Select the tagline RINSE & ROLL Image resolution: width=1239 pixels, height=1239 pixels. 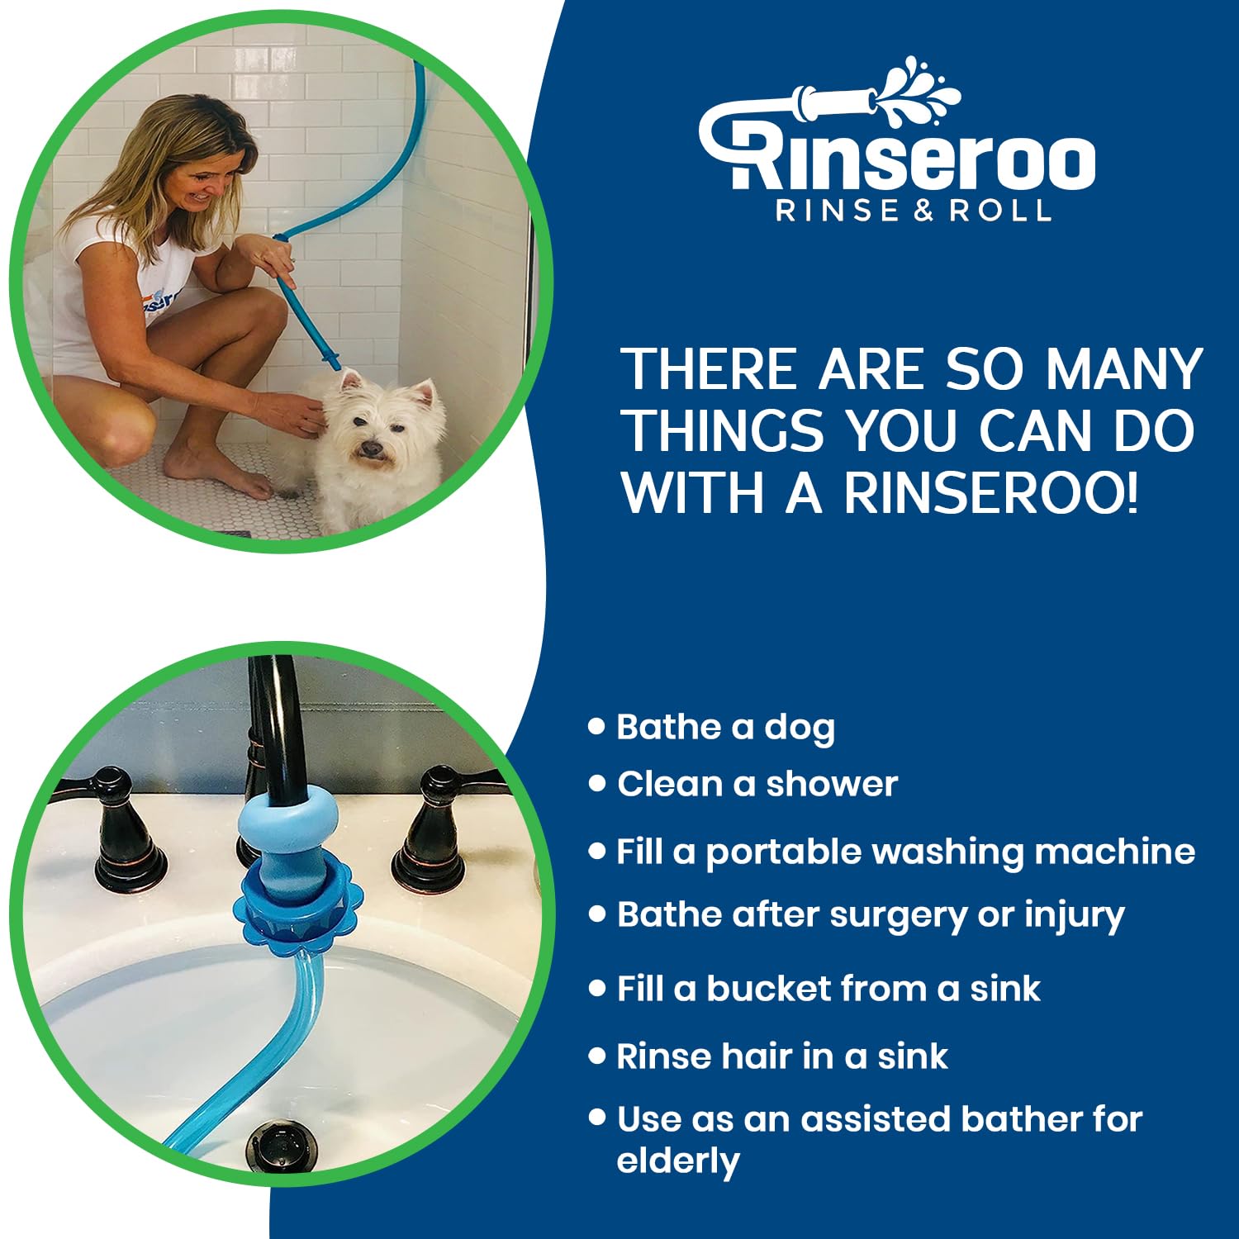[x=914, y=211]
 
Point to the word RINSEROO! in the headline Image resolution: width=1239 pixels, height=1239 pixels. [x=990, y=493]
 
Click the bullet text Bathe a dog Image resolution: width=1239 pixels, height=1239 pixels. [x=725, y=727]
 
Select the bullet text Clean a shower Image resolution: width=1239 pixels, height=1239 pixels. [x=757, y=784]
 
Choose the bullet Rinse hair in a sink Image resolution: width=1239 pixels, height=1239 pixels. [x=782, y=1056]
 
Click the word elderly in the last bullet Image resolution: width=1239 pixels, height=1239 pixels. [x=678, y=1161]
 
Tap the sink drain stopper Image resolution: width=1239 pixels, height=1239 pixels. [x=282, y=1143]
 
